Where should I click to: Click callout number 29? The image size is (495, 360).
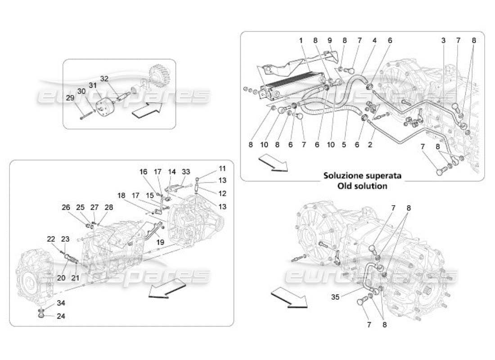click(x=70, y=98)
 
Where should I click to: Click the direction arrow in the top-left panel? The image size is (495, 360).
click(x=147, y=109)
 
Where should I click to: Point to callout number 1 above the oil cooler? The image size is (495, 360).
click(x=300, y=40)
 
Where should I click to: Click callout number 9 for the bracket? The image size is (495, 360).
click(x=329, y=40)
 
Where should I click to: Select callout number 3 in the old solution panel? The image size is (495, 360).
click(x=443, y=40)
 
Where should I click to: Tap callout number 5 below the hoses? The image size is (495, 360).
click(x=344, y=145)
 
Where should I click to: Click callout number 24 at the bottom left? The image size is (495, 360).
click(x=61, y=316)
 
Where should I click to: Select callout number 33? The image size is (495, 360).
click(x=186, y=171)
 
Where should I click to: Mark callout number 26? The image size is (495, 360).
click(x=66, y=207)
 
